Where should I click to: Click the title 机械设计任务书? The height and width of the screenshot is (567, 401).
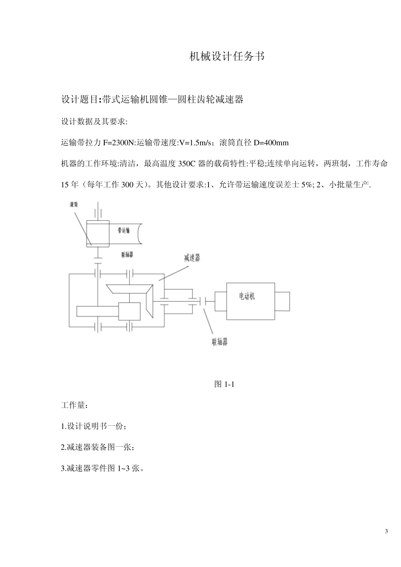227,56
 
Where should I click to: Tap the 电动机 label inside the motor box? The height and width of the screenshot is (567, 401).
247,296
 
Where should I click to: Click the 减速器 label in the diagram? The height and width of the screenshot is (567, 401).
192,258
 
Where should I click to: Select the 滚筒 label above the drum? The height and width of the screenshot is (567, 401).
74,204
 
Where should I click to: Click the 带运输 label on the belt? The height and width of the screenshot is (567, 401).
124,230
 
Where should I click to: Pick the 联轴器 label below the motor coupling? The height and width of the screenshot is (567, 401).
219,341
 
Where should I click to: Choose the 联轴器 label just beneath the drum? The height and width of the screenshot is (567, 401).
127,255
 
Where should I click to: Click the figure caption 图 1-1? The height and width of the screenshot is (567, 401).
224,384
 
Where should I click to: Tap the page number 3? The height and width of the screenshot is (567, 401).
386,531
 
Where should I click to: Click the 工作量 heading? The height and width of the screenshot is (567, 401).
74,405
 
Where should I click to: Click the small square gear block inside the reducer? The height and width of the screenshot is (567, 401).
129,312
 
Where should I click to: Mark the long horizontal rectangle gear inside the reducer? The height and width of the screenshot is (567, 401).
97,311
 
